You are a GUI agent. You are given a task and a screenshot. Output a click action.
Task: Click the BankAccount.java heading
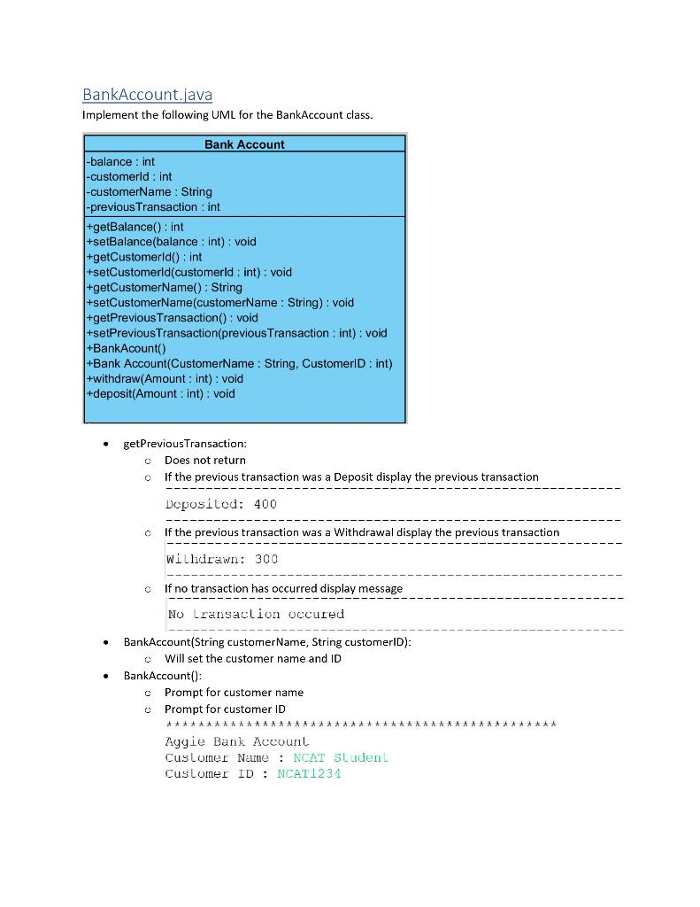click(x=147, y=94)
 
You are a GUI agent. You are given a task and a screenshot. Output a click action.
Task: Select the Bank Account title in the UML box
click(x=244, y=144)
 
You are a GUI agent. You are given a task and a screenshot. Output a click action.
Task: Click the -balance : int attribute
click(x=120, y=161)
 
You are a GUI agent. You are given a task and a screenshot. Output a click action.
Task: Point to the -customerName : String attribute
click(x=149, y=191)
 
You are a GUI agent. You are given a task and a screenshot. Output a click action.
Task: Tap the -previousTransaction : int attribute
click(x=153, y=206)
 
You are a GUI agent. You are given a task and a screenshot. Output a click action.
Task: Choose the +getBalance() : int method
click(x=135, y=227)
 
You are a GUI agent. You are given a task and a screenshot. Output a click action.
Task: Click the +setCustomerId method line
click(x=188, y=272)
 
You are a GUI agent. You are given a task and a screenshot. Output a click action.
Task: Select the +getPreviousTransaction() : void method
click(x=172, y=317)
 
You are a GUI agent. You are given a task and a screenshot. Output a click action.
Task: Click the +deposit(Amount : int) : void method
click(x=160, y=393)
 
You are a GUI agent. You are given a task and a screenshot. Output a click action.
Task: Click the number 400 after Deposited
click(x=265, y=504)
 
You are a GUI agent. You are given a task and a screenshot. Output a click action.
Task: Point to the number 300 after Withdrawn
click(x=266, y=559)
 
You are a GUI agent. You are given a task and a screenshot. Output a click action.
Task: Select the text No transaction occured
click(x=256, y=614)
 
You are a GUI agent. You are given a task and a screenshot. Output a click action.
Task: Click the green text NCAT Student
click(x=340, y=757)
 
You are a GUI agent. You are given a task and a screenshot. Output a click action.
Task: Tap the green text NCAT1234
click(x=309, y=773)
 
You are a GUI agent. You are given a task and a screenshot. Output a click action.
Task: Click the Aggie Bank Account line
click(x=237, y=741)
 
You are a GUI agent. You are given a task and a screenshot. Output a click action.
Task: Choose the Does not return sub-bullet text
click(x=205, y=460)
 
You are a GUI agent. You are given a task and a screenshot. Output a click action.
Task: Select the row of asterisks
click(x=361, y=725)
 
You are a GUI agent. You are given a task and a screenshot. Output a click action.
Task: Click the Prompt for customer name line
click(x=234, y=692)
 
